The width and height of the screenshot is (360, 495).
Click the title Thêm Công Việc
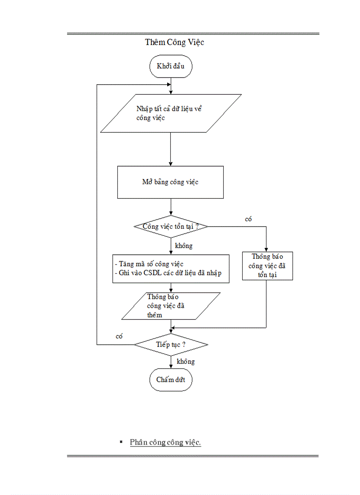pos(174,42)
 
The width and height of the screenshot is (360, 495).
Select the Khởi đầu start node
pos(171,67)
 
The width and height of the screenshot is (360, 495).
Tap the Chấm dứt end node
pos(171,380)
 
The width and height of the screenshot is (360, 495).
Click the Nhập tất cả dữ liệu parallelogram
pos(171,113)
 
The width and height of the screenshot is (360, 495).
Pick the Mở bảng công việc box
pos(170,182)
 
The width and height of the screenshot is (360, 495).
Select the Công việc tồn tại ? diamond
pos(171,226)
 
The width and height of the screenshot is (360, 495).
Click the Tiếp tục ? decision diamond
pos(171,344)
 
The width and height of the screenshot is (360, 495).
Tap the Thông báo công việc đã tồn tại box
pos(267,266)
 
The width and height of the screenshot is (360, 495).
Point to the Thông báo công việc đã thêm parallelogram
pos(171,306)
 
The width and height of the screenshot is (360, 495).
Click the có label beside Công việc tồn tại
pos(248,219)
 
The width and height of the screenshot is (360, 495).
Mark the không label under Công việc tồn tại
pos(184,246)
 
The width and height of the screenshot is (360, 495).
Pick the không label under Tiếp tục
pos(185,361)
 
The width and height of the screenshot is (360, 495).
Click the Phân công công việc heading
pos(165,442)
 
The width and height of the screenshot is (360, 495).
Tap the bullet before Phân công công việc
pos(120,441)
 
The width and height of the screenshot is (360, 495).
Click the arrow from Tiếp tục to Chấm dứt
pos(171,362)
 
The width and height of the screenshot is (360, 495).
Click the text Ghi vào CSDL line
pos(170,273)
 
